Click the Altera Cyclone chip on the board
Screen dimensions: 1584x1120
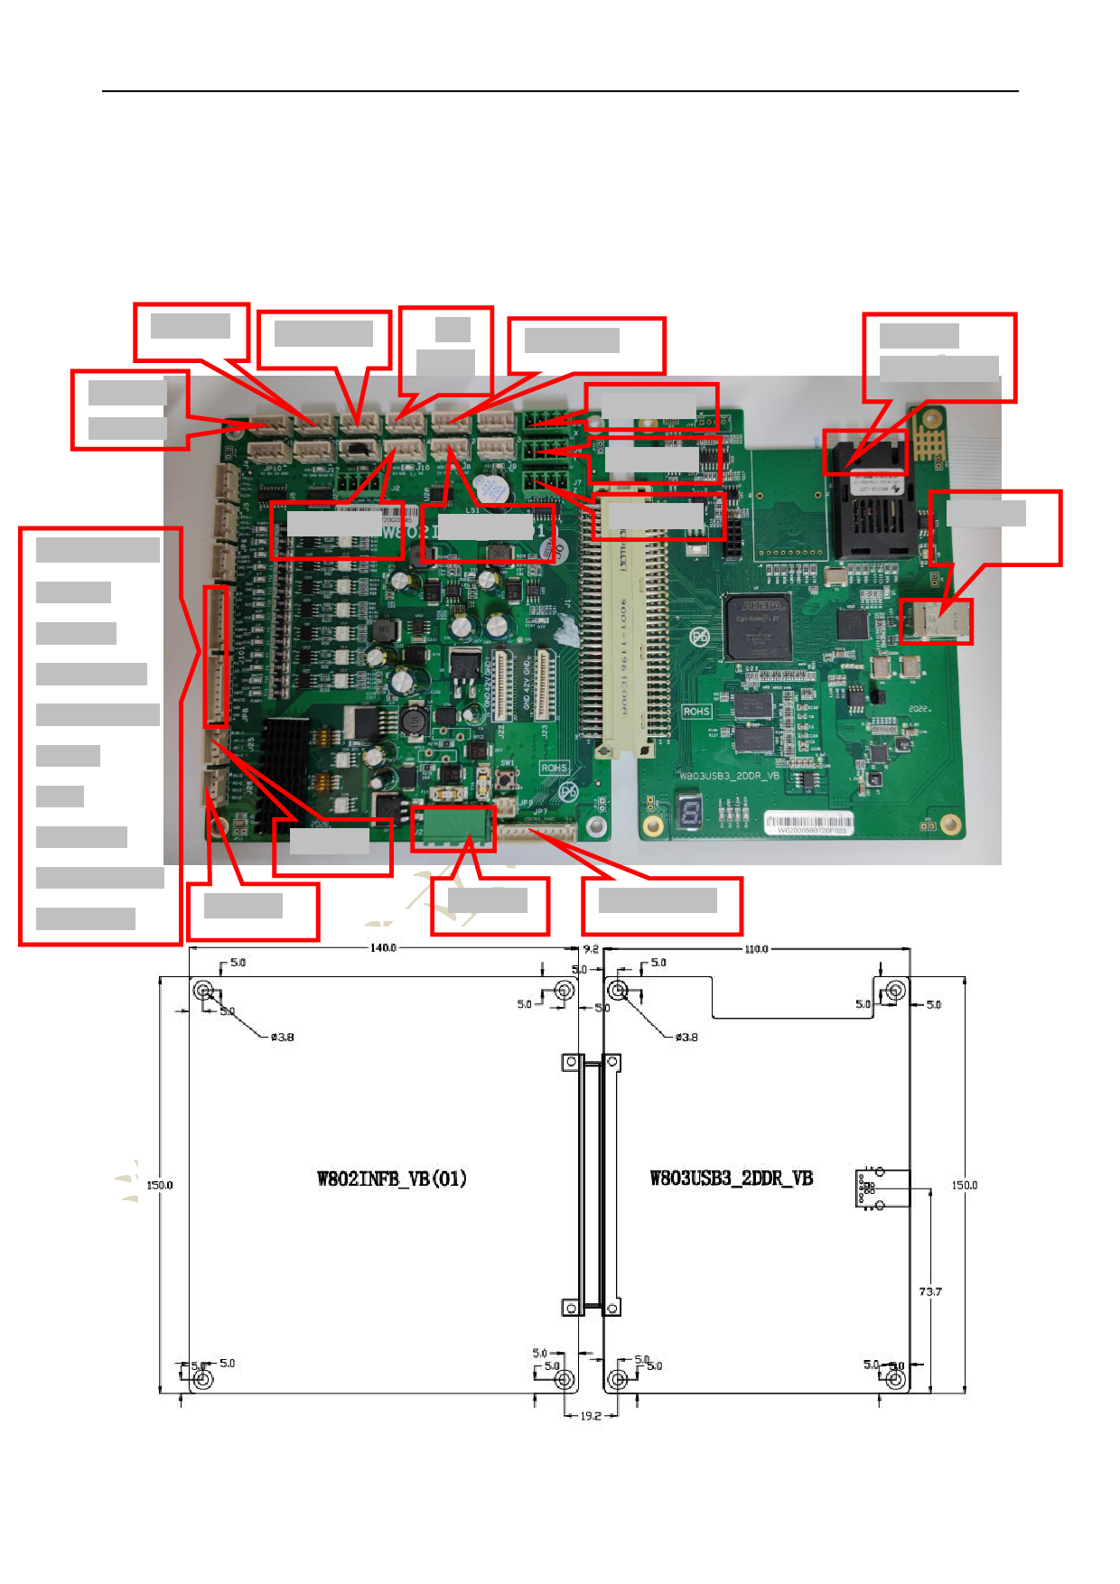click(x=758, y=627)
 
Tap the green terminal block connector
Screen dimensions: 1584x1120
click(x=453, y=826)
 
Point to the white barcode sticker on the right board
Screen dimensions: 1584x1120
click(x=807, y=823)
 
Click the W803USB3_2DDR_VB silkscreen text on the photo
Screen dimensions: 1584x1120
click(x=729, y=775)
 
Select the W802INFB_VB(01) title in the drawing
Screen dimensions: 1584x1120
click(x=392, y=1179)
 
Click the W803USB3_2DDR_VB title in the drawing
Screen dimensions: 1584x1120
click(x=732, y=1179)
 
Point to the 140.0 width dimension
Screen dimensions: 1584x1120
click(x=383, y=947)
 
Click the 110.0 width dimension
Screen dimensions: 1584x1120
click(x=756, y=949)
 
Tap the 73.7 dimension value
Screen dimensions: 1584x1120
click(x=930, y=1291)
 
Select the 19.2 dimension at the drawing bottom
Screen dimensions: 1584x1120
click(x=591, y=1415)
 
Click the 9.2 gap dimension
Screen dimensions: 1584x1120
click(x=591, y=949)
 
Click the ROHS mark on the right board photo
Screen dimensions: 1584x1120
click(x=695, y=712)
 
